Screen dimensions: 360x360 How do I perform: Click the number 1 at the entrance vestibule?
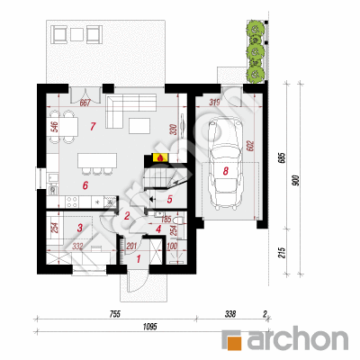pyautogui.click(x=138, y=258)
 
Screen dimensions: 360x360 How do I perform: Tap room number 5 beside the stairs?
pyautogui.click(x=168, y=200)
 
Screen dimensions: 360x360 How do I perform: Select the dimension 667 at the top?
pyautogui.click(x=86, y=102)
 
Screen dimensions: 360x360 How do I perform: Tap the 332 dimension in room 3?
pyautogui.click(x=78, y=246)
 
